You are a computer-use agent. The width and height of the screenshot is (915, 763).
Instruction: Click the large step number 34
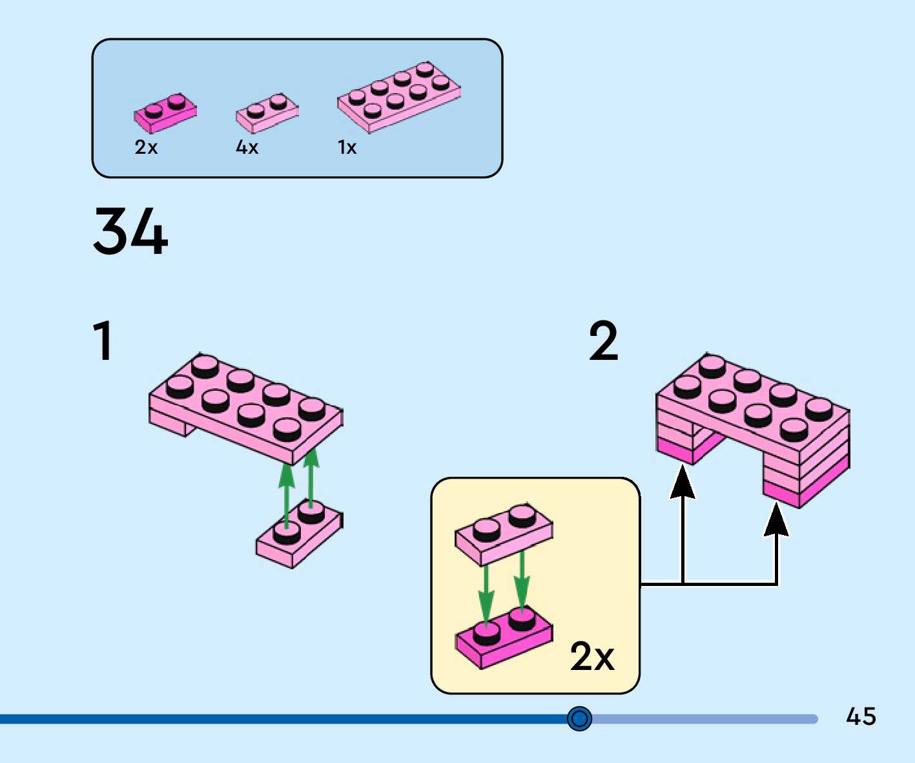[x=130, y=231]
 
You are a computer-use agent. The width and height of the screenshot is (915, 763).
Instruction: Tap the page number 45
[x=861, y=716]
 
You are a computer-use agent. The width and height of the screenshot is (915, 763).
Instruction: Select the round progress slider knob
[x=579, y=718]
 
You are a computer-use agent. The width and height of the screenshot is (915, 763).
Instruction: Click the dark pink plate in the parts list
[x=165, y=112]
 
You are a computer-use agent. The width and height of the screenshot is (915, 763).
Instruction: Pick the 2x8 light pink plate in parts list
[x=398, y=97]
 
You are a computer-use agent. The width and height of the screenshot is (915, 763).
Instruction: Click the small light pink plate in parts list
[x=267, y=113]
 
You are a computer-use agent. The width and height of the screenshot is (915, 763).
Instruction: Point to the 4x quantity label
[x=247, y=148]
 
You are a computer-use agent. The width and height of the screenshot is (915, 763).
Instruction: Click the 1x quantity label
[x=347, y=148]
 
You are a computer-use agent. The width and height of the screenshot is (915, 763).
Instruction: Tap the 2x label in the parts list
[x=146, y=148]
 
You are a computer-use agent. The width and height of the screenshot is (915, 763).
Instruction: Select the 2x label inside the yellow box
[x=591, y=657]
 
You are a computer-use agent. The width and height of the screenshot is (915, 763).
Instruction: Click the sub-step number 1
[x=103, y=340]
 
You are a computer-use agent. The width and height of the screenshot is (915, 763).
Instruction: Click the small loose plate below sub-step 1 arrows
[x=299, y=536]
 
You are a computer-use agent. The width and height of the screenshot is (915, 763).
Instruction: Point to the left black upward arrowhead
[x=683, y=483]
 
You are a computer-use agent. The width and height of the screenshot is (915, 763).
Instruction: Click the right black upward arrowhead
[x=776, y=520]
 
